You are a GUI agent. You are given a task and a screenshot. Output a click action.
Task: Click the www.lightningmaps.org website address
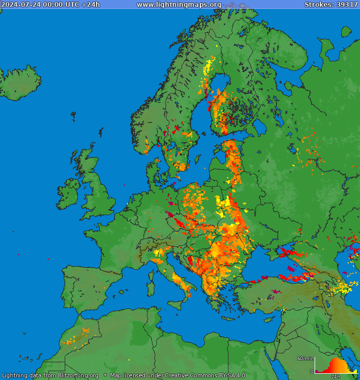(179, 5)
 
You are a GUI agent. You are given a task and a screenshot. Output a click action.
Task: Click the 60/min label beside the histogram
(305, 359)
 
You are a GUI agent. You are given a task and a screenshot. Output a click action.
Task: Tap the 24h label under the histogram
(336, 376)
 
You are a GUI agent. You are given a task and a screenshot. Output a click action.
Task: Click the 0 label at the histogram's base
(311, 372)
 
